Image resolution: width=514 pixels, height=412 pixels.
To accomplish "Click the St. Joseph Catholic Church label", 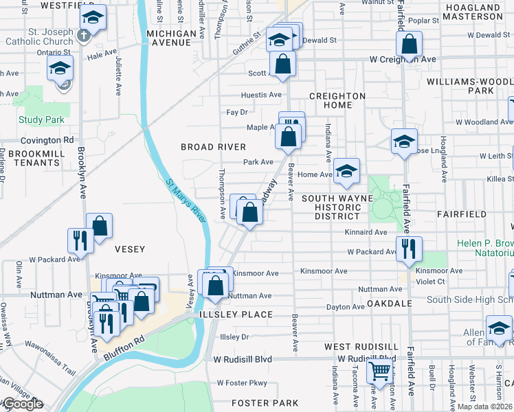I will pos(38,36).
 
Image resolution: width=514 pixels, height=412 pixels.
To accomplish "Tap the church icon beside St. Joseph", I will pos(83,35).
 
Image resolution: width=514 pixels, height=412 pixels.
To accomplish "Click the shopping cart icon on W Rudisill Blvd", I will pos(379,371).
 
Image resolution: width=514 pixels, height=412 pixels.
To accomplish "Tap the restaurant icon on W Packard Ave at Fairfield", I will pos(410,249).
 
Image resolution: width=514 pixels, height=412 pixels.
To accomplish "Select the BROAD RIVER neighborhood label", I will pos(213,147).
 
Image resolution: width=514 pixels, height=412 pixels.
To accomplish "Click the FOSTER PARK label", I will pos(265,402).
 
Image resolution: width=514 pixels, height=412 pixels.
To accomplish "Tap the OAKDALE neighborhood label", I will pos(389,303).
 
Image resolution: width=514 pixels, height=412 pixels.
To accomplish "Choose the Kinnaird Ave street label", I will pos(367,233).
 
